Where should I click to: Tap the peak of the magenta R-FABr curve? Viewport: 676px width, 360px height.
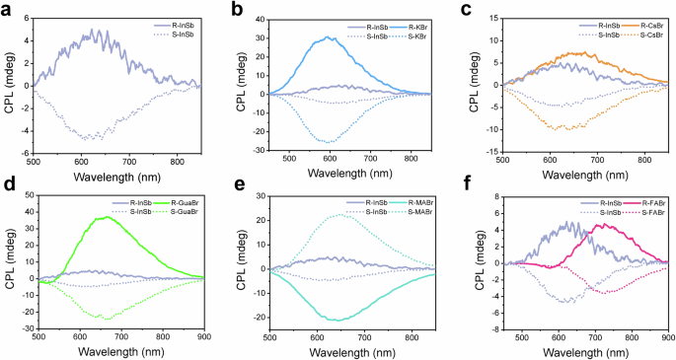tap(596, 225)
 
